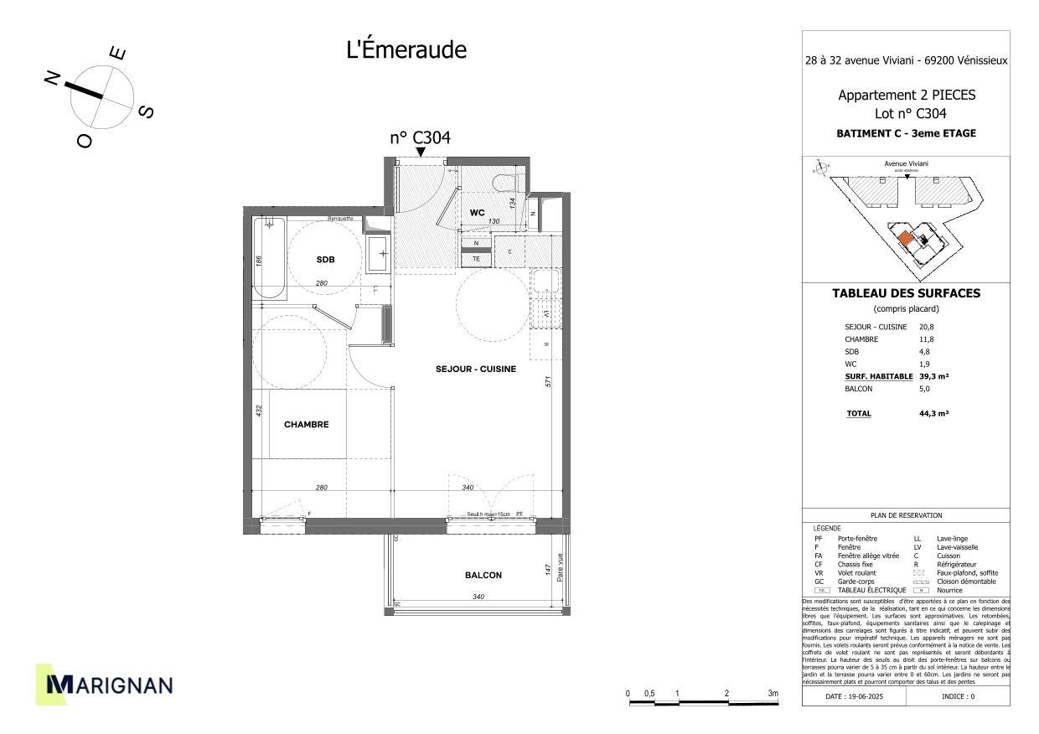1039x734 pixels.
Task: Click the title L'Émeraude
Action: pos(406,51)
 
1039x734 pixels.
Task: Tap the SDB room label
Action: pos(325,260)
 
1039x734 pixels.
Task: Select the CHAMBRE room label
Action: pos(306,425)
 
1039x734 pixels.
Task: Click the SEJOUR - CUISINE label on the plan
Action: pos(475,369)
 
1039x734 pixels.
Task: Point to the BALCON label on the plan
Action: pos(483,575)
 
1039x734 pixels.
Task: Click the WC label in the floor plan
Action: pos(477,213)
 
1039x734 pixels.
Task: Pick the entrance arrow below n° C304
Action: pos(421,152)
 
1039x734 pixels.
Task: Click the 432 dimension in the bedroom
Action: pos(259,411)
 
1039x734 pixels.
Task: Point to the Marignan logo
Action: pos(104,685)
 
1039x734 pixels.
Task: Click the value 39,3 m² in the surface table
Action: pos(933,376)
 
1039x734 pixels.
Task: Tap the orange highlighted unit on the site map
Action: pos(906,239)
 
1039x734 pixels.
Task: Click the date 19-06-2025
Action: pos(854,696)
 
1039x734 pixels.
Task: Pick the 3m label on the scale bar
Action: pos(772,694)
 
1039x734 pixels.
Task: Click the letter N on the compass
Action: pos(52,79)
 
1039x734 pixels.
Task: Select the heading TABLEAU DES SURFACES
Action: pos(905,293)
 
